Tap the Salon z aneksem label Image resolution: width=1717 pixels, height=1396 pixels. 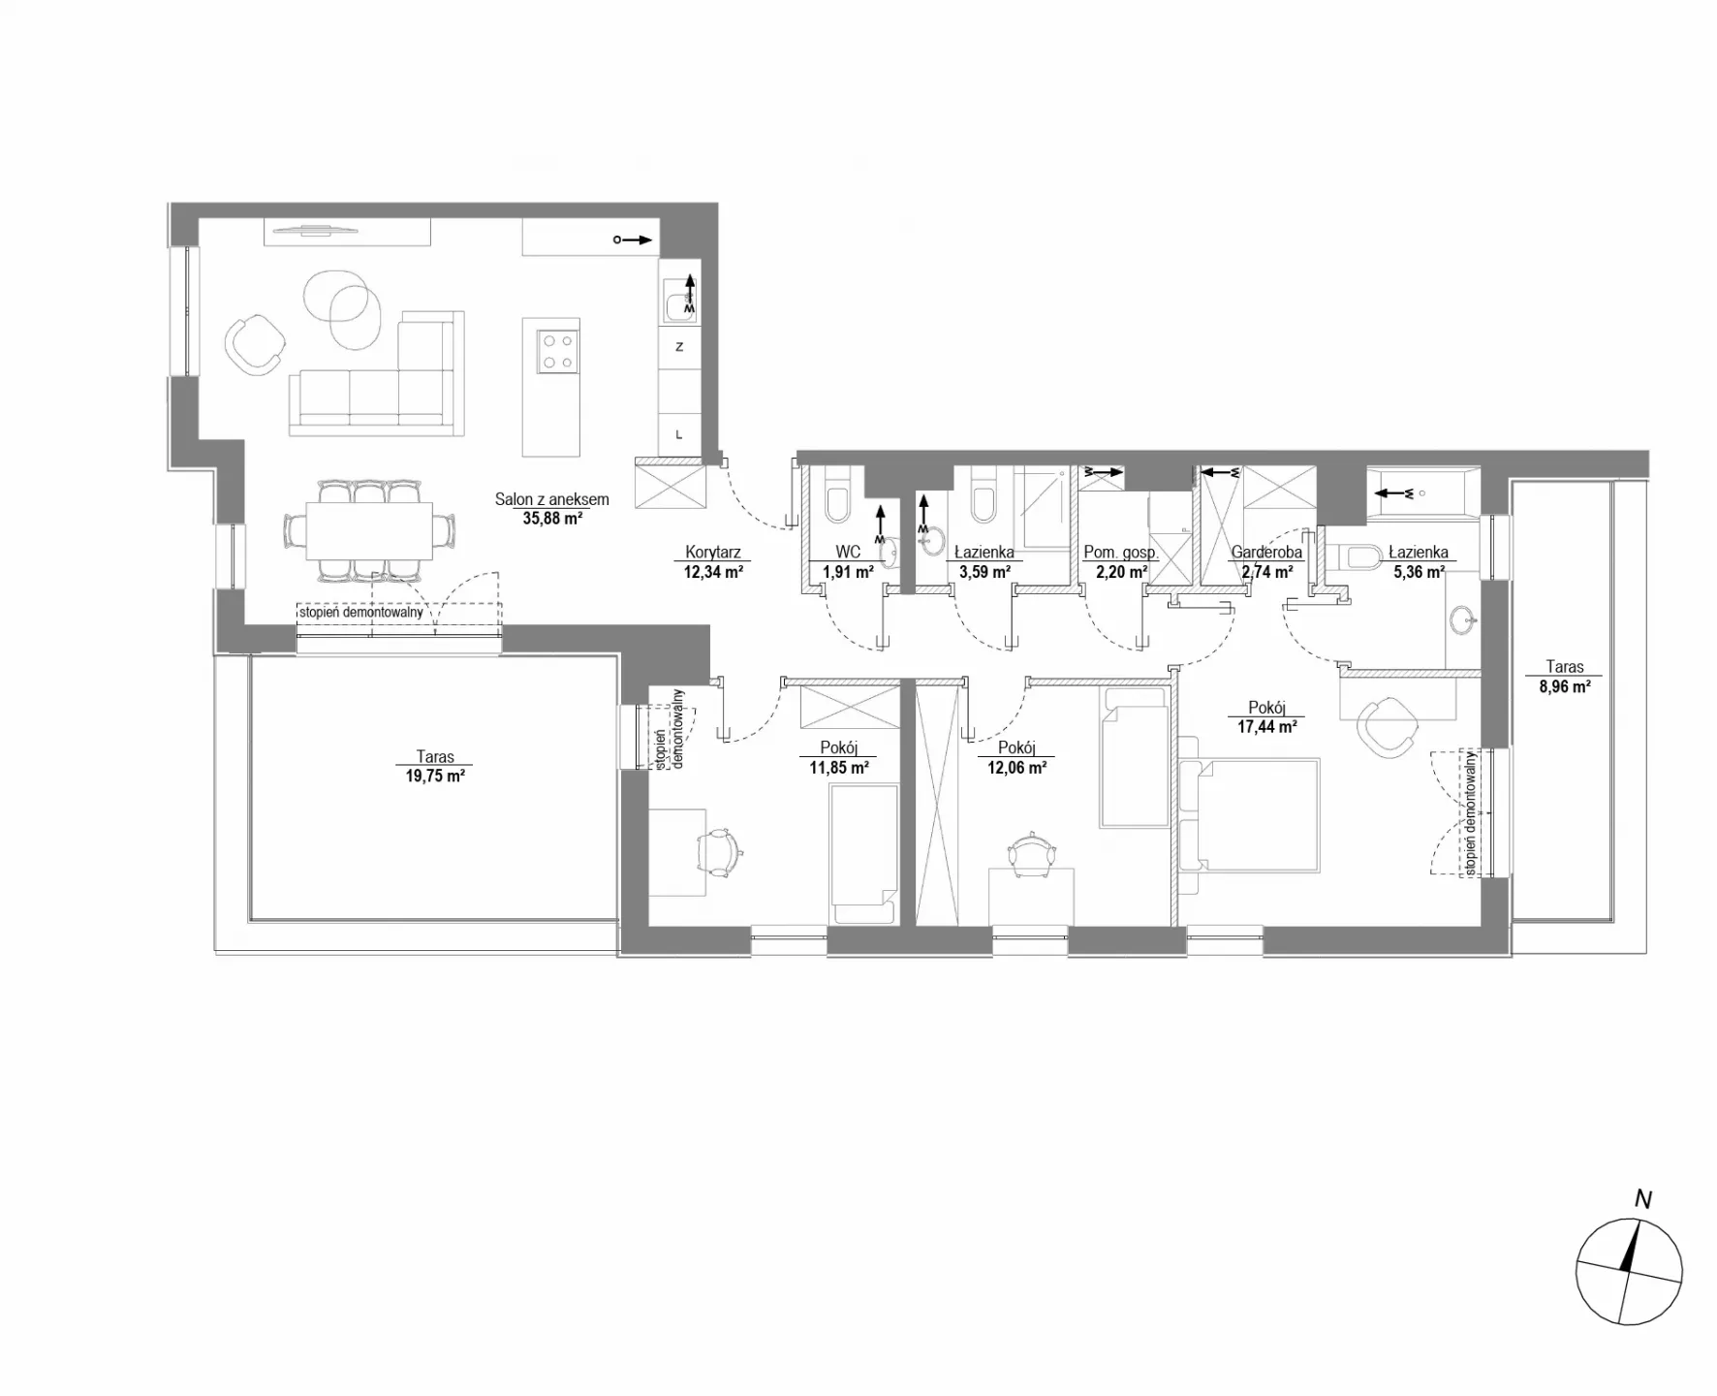[x=551, y=499]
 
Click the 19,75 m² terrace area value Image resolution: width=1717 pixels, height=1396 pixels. [x=436, y=776]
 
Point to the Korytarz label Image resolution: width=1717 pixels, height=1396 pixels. [x=713, y=553]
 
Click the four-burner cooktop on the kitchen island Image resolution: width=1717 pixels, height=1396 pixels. [x=557, y=352]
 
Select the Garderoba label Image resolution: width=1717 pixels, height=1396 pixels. [x=1266, y=553]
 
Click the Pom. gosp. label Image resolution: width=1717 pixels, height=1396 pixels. [x=1121, y=553]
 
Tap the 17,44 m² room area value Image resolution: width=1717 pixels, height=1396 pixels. [x=1267, y=726]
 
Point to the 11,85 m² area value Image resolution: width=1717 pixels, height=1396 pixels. [x=839, y=767]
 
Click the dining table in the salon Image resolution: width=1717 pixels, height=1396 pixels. [x=369, y=530]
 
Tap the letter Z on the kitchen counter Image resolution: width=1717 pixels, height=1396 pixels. [x=679, y=346]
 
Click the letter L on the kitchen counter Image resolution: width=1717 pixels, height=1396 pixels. [x=679, y=435]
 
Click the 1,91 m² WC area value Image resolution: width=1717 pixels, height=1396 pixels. [x=849, y=571]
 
